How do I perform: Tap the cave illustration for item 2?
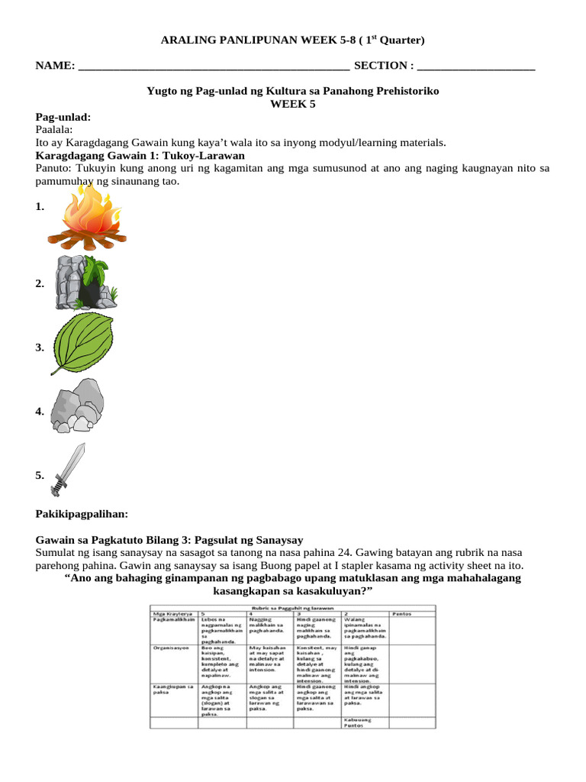[x=85, y=283]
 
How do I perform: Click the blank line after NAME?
[x=214, y=66]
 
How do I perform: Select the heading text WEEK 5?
[x=292, y=104]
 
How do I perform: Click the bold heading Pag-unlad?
[x=63, y=117]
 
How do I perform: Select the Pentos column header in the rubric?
[x=403, y=613]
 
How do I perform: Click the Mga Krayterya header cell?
[x=172, y=613]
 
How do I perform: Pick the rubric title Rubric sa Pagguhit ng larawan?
[x=292, y=607]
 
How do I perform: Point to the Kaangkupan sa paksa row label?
[x=170, y=690]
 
